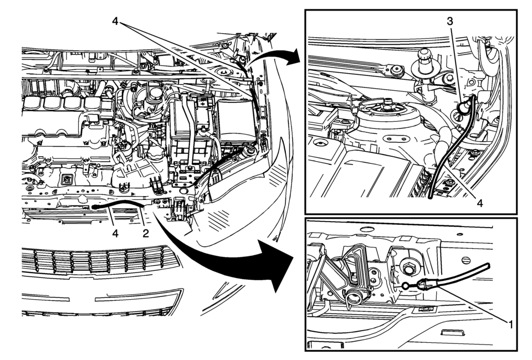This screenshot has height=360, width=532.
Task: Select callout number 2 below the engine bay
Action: pyautogui.click(x=145, y=233)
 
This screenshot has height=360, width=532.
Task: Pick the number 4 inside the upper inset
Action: pyautogui.click(x=480, y=203)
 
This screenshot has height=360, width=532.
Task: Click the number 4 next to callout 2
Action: pyautogui.click(x=115, y=233)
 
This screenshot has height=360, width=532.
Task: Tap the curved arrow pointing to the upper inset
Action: pyautogui.click(x=277, y=55)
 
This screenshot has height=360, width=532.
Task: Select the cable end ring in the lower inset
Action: pyautogui.click(x=406, y=286)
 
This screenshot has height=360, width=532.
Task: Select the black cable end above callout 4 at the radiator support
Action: pyautogui.click(x=95, y=206)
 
